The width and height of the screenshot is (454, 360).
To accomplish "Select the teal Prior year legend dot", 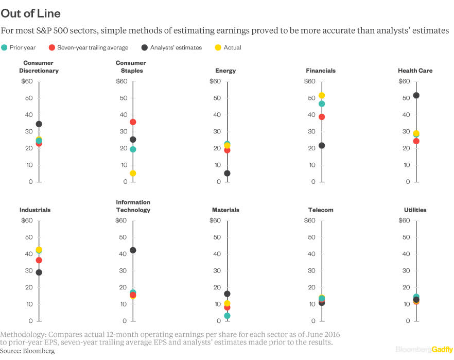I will [x=5, y=47].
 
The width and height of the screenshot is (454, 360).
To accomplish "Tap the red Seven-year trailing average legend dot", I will [x=52, y=47].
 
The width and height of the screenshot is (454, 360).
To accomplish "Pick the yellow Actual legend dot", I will [x=218, y=47].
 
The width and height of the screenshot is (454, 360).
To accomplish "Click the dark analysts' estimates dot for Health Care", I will [x=416, y=95].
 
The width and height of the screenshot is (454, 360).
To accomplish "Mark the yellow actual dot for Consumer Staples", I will [x=133, y=174].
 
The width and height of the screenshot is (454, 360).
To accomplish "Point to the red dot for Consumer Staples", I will [x=133, y=122].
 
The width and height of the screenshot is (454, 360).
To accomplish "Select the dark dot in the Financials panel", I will [x=322, y=146].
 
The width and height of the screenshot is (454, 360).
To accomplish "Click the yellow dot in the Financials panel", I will [x=322, y=95].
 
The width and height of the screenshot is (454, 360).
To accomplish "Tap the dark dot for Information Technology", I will [x=133, y=250].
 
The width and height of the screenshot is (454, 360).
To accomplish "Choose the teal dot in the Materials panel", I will [x=227, y=316].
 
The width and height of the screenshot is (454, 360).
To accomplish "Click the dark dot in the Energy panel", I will [x=227, y=174].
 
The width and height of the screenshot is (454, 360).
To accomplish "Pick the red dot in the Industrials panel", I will [x=39, y=260].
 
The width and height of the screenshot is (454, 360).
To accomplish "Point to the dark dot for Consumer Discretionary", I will [x=39, y=124].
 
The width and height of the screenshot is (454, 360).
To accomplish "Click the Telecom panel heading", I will [x=321, y=210].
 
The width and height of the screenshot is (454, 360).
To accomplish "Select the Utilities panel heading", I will [x=415, y=210].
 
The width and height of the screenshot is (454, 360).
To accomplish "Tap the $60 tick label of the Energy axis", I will [x=215, y=81].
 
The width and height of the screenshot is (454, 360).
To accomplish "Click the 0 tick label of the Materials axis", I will [x=218, y=321].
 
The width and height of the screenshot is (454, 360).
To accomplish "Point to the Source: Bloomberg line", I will [x=27, y=351].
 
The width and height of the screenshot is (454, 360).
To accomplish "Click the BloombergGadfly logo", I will [x=424, y=349].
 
